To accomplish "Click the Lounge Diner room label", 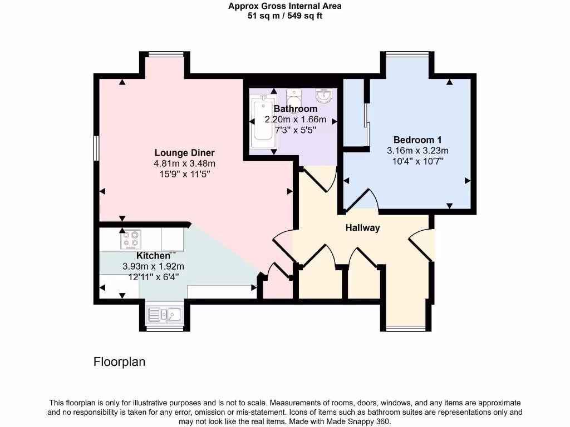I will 184,153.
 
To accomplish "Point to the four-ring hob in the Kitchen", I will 131,240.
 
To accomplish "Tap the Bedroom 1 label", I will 417,140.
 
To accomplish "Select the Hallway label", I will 362,228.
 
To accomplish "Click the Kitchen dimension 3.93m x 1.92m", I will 153,266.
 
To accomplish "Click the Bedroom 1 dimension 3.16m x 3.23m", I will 417,150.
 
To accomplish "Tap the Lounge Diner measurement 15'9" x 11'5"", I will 184,174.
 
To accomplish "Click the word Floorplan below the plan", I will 119,362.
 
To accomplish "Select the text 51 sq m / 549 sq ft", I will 284,16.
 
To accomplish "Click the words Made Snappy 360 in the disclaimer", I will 362,421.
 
